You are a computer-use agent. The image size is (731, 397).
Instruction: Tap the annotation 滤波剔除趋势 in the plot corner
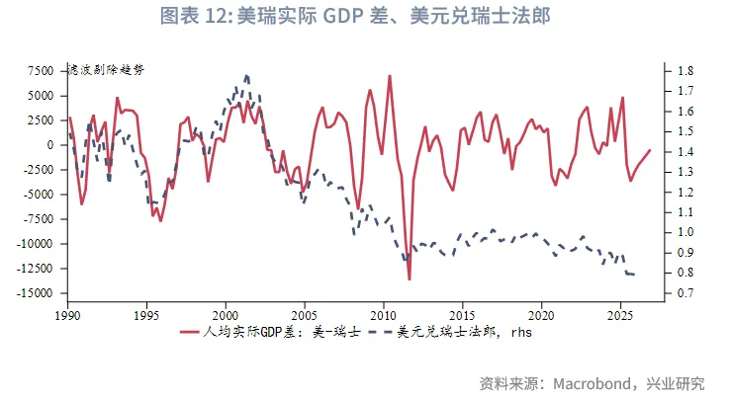point(105,71)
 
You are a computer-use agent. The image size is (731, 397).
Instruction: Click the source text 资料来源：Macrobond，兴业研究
point(592,382)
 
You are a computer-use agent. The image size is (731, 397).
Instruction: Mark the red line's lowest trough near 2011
point(409,279)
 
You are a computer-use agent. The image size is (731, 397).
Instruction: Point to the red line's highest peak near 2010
point(390,76)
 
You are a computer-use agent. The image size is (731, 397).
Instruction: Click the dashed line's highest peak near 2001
point(245,75)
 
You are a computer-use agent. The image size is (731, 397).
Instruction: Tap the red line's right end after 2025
point(650,150)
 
